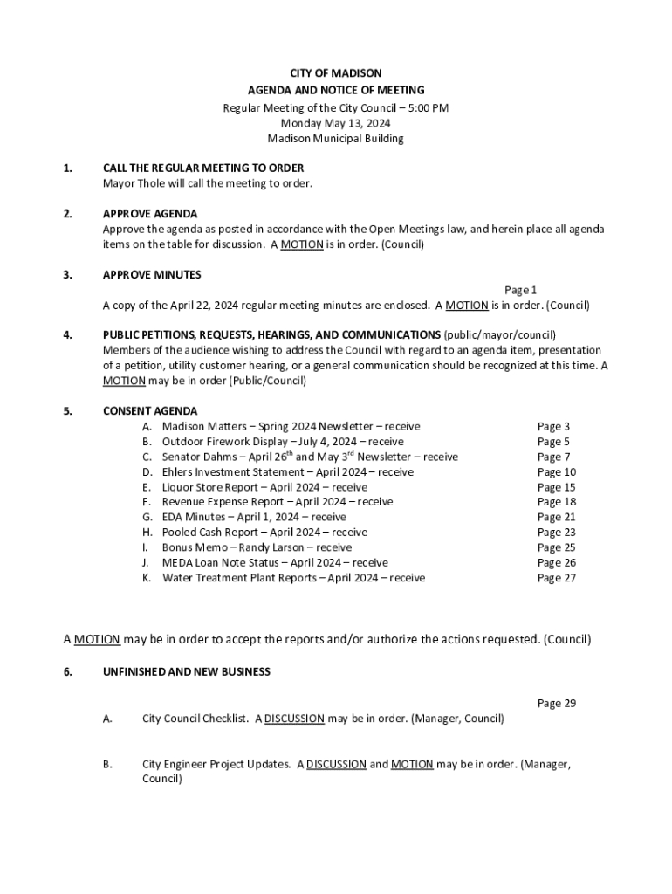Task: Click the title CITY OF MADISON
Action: pos(335,73)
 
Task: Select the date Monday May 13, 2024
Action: pos(335,123)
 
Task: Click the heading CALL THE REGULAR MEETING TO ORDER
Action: pos(203,168)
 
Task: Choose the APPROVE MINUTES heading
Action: pos(152,275)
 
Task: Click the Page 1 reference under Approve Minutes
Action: pos(521,290)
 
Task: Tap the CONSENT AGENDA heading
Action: pos(150,411)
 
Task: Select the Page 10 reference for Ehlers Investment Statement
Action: pos(556,472)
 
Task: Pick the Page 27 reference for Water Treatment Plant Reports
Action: pos(556,578)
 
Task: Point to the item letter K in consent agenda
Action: pos(147,578)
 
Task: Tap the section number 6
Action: pos(68,672)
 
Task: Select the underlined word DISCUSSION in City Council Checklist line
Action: pos(294,719)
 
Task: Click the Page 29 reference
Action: pos(556,703)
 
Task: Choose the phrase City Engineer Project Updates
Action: pos(216,764)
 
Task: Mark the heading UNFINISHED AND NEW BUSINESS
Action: pos(187,672)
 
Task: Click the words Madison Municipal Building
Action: pos(335,139)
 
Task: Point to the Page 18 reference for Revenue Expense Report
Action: pos(556,502)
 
